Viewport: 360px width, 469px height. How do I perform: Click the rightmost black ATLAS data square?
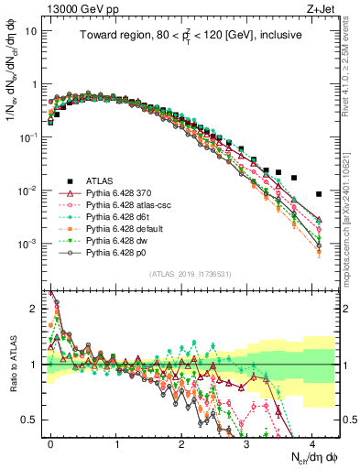coord(318,194)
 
